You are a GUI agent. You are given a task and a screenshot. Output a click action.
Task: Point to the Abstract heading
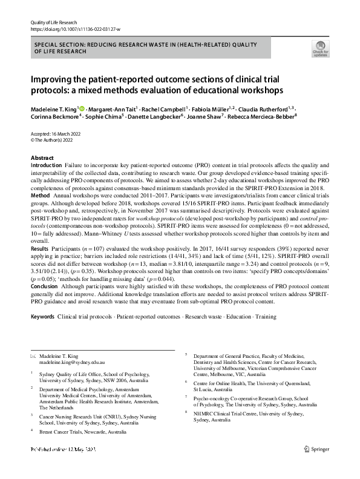pyautogui.click(x=42, y=157)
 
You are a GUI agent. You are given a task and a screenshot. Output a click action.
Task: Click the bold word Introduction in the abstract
pyautogui.click(x=45, y=165)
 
